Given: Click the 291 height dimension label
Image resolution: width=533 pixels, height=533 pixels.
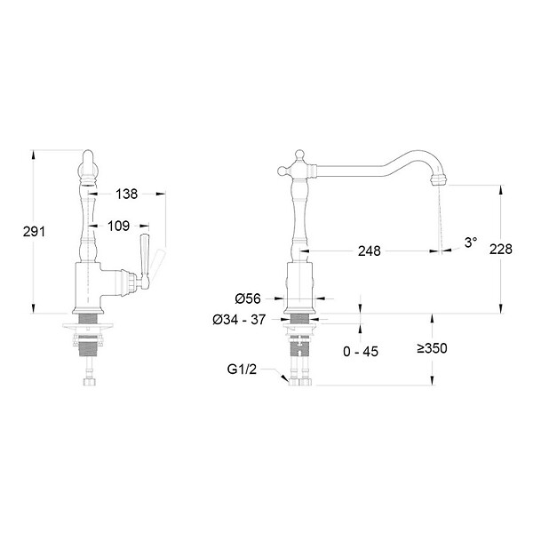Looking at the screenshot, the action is pos(34,232).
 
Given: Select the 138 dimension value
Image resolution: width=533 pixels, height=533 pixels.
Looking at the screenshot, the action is pos(126,194).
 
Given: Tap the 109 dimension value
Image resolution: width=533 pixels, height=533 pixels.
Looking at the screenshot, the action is pos(119,226).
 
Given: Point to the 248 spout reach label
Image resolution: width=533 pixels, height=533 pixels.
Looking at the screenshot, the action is pos(370,251).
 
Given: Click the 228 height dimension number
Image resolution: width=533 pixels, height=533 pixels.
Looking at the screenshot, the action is pos(501,249).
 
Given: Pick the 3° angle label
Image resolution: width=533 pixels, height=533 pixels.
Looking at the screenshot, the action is pos(471,243).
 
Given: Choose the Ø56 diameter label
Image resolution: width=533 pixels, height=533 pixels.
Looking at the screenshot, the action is pos(248,298).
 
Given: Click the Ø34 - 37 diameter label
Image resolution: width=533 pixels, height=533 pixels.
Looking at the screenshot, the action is pos(239,320).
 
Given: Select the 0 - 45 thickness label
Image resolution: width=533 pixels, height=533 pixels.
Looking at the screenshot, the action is pos(361,352).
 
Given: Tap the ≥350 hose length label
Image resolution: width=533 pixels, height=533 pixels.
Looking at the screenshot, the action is pos(433,348).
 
